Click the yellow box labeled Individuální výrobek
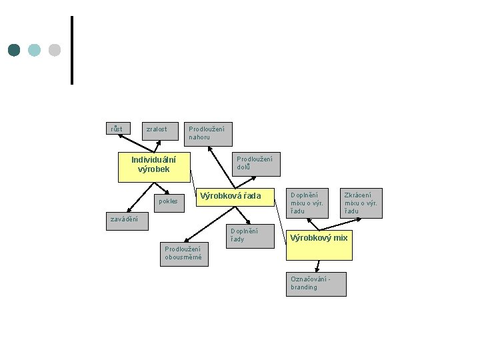pos(154,167)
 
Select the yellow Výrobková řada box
pos(235,197)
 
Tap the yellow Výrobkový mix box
pos(319,245)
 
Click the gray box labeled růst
pos(118,128)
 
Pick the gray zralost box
pos(160,131)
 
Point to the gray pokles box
pos(169,203)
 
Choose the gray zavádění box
pos(127,221)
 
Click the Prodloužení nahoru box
pos(208,134)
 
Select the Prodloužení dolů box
pos(256,164)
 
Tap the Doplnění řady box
pos(251,236)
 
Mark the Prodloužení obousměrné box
pos(184,255)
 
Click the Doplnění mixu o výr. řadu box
pos(307,203)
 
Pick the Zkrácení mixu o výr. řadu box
pos(361,203)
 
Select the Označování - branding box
pos(316,285)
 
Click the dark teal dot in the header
pos(14,50)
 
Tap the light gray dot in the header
pos(55,50)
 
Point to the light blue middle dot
pos(34,50)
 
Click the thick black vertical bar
pos(72,50)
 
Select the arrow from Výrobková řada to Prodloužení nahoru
pos(221,167)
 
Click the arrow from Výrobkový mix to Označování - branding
pos(318,266)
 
